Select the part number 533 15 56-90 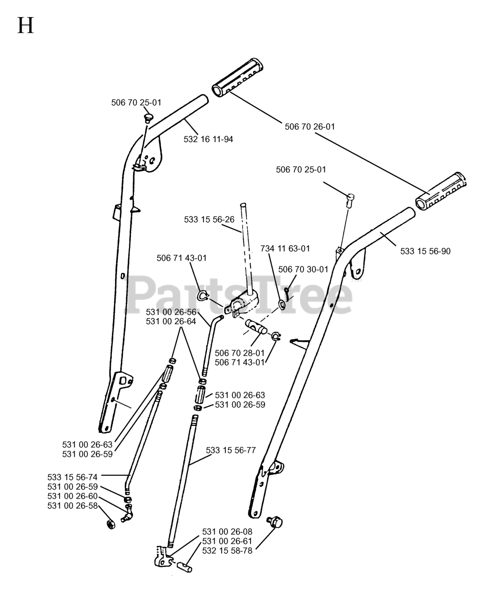pyautogui.click(x=425, y=251)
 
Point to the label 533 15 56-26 pyautogui.click(x=209, y=219)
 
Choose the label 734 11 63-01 pyautogui.click(x=285, y=248)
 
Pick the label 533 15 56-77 pyautogui.click(x=231, y=450)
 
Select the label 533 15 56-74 pyautogui.click(x=72, y=477)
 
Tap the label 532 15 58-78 pyautogui.click(x=227, y=550)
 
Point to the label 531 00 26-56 pyautogui.click(x=171, y=312)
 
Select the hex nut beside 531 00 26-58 pyautogui.click(x=111, y=524)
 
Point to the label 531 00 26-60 pyautogui.click(x=72, y=496)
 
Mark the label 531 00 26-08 pyautogui.click(x=227, y=531)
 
